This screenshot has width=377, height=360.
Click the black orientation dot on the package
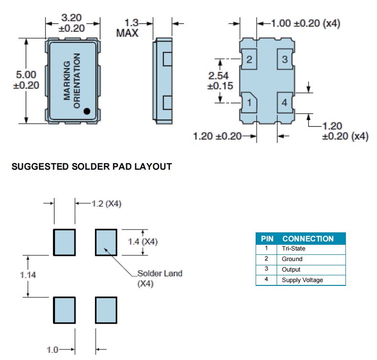[87, 111]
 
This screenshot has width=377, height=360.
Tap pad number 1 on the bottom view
[249, 102]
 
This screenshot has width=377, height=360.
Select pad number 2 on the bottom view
[249, 60]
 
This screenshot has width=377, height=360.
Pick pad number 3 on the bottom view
[285, 60]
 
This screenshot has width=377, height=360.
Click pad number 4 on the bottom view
[285, 102]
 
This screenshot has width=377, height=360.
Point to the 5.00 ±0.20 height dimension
[26, 80]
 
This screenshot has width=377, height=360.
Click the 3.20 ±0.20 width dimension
[72, 23]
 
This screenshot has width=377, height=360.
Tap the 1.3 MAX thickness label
[128, 28]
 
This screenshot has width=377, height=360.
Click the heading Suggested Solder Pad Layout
[91, 167]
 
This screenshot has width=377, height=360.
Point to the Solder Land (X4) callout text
[160, 278]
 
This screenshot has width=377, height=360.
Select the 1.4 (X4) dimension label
[142, 241]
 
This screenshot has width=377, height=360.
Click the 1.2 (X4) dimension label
[107, 204]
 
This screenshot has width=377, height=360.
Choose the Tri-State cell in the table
[293, 249]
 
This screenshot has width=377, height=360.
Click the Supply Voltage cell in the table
[302, 280]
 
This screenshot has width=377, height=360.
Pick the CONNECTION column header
[308, 239]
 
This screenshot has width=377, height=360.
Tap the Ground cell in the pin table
[292, 259]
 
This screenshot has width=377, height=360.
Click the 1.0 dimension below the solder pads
[53, 350]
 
